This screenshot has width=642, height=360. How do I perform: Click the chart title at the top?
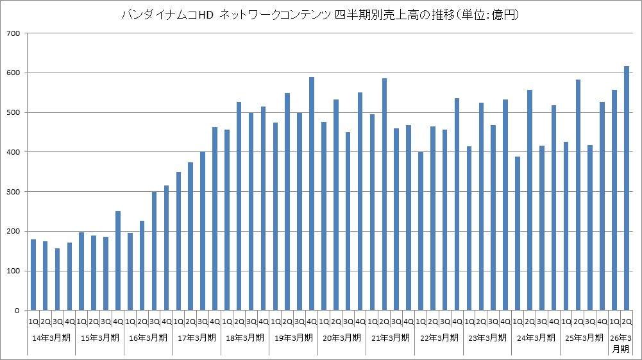click(321, 15)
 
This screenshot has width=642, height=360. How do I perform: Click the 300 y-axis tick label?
click(12, 192)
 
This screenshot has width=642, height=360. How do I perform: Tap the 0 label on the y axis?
click(18, 311)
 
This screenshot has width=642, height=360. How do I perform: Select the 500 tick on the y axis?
click(12, 113)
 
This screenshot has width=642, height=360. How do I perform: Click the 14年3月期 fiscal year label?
click(51, 338)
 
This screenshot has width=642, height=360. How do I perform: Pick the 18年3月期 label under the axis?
click(245, 338)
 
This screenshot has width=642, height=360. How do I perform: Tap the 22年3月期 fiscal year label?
click(439, 338)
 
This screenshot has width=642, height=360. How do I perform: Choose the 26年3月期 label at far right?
click(620, 343)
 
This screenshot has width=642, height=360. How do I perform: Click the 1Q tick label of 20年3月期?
click(324, 321)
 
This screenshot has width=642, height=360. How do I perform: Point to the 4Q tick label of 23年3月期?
click(505, 321)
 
